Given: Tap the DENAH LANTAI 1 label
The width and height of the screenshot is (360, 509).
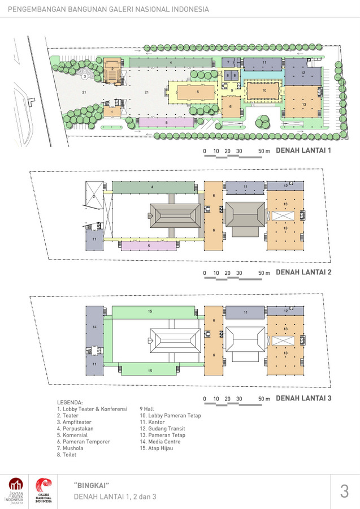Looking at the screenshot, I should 303,151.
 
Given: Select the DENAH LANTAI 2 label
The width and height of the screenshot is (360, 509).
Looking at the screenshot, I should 303,272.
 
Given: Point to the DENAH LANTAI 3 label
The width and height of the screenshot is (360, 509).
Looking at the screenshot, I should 303,398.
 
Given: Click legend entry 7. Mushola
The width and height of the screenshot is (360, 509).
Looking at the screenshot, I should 70,448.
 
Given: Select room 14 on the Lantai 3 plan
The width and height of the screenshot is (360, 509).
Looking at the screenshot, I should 94,327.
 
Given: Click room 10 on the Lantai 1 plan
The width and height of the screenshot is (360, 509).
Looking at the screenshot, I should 264,89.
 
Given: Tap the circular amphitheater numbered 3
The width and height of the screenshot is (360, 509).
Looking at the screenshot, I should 85,75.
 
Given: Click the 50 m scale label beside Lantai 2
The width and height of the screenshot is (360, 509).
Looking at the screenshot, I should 264,273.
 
